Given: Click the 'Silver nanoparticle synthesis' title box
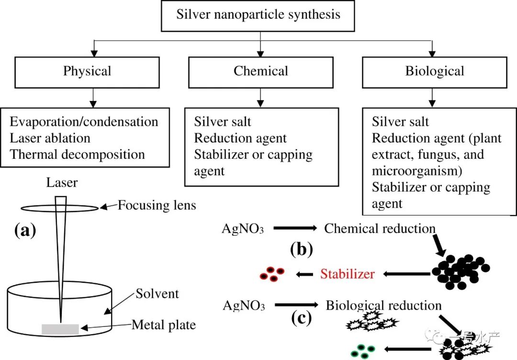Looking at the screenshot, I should (258, 14).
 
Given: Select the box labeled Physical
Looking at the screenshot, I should (87, 72).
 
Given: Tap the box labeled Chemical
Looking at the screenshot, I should (261, 72).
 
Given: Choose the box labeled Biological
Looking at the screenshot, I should (434, 72).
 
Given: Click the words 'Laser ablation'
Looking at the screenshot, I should (50, 138).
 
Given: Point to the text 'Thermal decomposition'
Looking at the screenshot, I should (78, 155).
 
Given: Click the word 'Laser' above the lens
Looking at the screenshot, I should (62, 182).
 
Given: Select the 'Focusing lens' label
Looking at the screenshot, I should (157, 206).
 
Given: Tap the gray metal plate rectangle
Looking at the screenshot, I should (60, 329).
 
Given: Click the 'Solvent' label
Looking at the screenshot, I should (157, 293).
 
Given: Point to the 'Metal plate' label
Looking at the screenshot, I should (164, 326).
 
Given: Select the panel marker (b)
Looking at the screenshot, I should (301, 249).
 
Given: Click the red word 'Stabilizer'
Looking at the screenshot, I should (348, 274).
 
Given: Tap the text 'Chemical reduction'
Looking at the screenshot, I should (380, 228).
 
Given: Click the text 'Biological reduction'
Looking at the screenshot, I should (383, 305).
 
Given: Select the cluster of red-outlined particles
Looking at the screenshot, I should (272, 274).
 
